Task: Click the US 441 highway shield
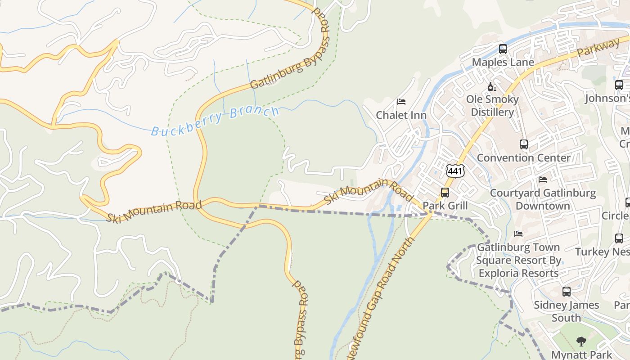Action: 455,171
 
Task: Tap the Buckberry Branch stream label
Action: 215,120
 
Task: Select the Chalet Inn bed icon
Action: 401,102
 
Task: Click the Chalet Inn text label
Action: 401,115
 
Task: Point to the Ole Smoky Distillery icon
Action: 492,86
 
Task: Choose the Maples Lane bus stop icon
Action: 503,49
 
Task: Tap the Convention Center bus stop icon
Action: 524,144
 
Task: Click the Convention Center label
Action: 523,158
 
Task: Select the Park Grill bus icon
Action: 445,193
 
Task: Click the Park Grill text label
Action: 445,206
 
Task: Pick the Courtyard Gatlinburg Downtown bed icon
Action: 543,180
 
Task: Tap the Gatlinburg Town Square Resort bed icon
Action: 518,234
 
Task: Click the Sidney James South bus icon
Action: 567,292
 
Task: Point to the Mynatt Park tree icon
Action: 581,341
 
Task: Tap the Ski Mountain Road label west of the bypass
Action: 154,211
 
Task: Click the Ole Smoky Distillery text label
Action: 492,106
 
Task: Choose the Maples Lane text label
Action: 503,62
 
